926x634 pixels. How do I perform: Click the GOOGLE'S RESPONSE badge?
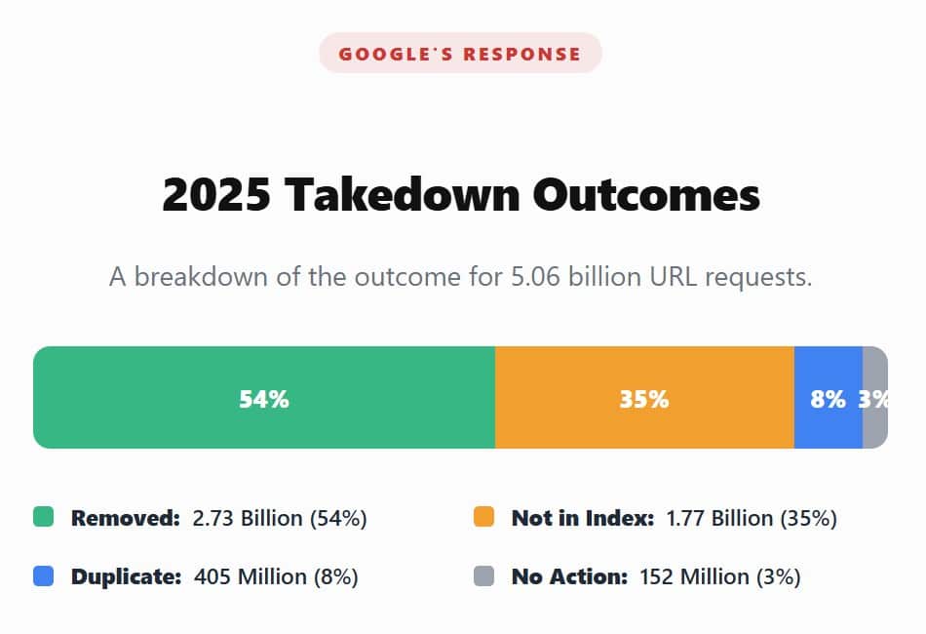[460, 54]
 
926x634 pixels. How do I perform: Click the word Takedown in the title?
[405, 195]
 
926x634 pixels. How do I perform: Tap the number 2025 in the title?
[215, 195]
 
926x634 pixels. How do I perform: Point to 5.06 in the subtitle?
[534, 277]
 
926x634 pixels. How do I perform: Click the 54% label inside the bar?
[264, 399]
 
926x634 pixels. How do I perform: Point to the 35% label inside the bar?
[644, 399]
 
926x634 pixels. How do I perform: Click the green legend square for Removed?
[44, 517]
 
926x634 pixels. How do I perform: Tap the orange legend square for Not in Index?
[483, 517]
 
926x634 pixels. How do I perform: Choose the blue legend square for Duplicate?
[44, 576]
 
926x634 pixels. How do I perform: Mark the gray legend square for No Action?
[483, 576]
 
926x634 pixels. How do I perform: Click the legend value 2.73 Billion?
[248, 518]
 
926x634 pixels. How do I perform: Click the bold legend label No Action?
[569, 577]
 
